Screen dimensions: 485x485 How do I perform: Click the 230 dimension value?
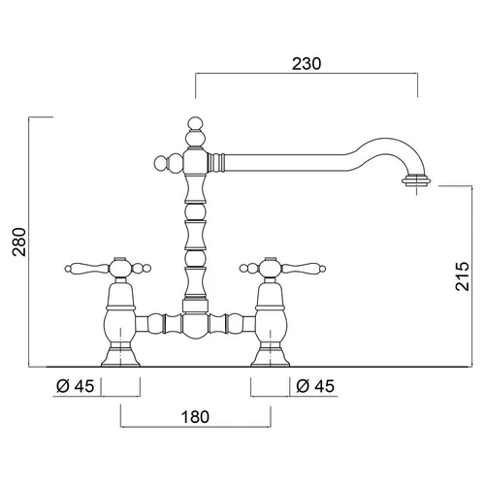307,64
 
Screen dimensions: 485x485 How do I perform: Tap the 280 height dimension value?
19,242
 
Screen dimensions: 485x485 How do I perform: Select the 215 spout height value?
462,276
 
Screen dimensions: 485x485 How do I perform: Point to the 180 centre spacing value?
195,417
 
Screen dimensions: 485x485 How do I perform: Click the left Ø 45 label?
76,386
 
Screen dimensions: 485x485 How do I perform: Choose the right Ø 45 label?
315,386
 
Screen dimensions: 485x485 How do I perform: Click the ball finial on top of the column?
195,123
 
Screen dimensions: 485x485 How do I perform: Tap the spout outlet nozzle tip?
416,180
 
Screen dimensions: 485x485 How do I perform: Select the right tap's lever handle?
304,268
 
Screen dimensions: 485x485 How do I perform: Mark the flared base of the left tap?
120,358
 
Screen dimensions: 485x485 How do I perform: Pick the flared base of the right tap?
271,358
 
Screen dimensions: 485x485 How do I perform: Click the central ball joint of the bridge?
195,325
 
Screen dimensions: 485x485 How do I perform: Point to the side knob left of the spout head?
161,163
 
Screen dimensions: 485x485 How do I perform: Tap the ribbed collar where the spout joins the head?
215,162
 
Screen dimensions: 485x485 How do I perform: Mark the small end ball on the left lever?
68,269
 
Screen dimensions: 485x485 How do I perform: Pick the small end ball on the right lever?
322,269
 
